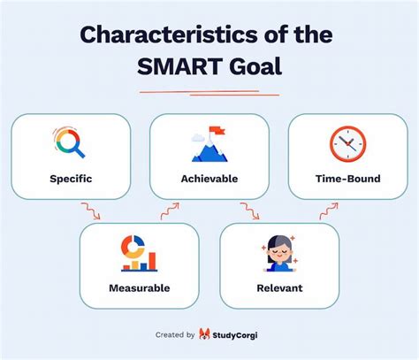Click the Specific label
coord(71,178)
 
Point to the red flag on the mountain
coord(212,131)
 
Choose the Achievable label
coord(209,178)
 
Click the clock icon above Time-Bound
coord(347,143)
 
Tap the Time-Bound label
coord(347,178)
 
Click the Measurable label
coord(140,287)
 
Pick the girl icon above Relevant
coord(279,253)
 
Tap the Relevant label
coord(279,287)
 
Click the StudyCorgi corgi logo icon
coord(205,334)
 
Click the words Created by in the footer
coord(174,335)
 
